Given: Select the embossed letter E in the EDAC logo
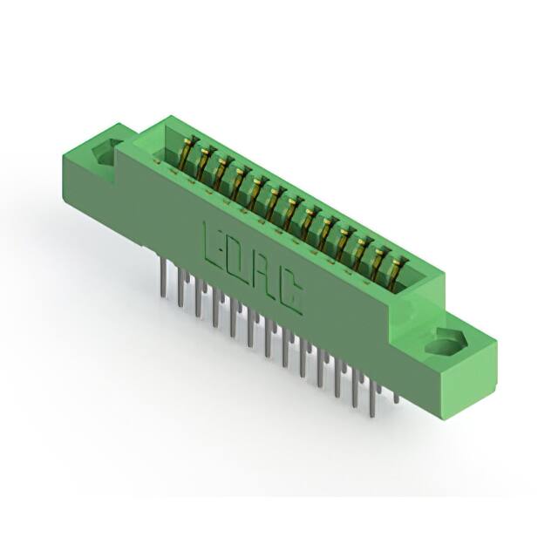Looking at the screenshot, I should point(212,243).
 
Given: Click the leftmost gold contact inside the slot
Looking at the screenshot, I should point(187,156).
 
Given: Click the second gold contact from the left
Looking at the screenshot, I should point(204,165).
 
